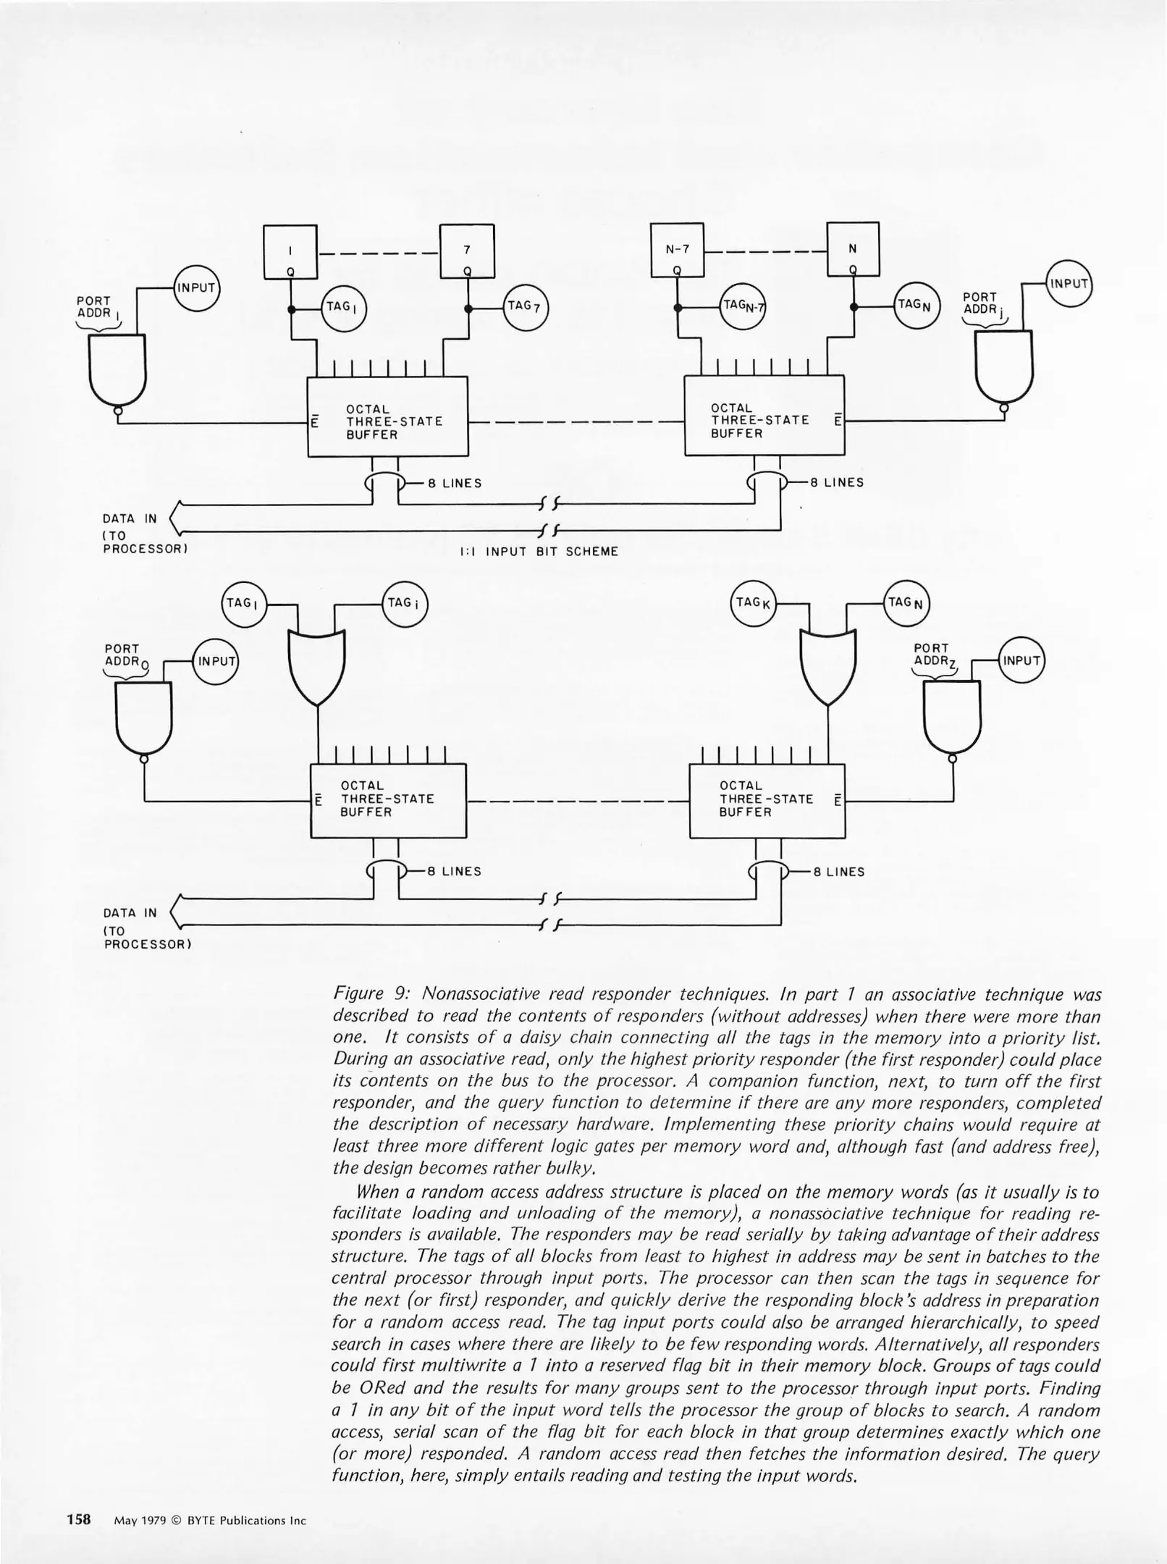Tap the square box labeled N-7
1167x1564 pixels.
(x=678, y=251)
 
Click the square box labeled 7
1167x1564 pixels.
(x=467, y=251)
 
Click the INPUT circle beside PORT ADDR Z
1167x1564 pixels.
(x=1021, y=660)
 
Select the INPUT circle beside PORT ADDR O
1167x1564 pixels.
(x=215, y=661)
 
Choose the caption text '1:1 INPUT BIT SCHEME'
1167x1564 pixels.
(x=539, y=552)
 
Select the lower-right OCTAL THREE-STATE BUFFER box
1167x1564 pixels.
(x=767, y=800)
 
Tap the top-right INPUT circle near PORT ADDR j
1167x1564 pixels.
(x=1069, y=283)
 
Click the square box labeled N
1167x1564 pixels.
(x=853, y=250)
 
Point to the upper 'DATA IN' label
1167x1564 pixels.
(x=130, y=518)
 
